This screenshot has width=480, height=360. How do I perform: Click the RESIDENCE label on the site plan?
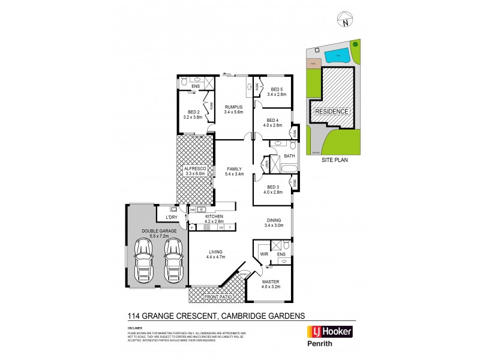331,112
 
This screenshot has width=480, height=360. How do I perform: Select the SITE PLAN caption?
334,160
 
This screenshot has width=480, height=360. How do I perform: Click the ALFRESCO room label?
195,170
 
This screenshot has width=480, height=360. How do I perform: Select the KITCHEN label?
214,217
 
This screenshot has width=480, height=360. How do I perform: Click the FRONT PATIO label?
217,297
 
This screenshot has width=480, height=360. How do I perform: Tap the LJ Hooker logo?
329,331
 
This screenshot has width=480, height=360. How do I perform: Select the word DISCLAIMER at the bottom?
134,328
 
